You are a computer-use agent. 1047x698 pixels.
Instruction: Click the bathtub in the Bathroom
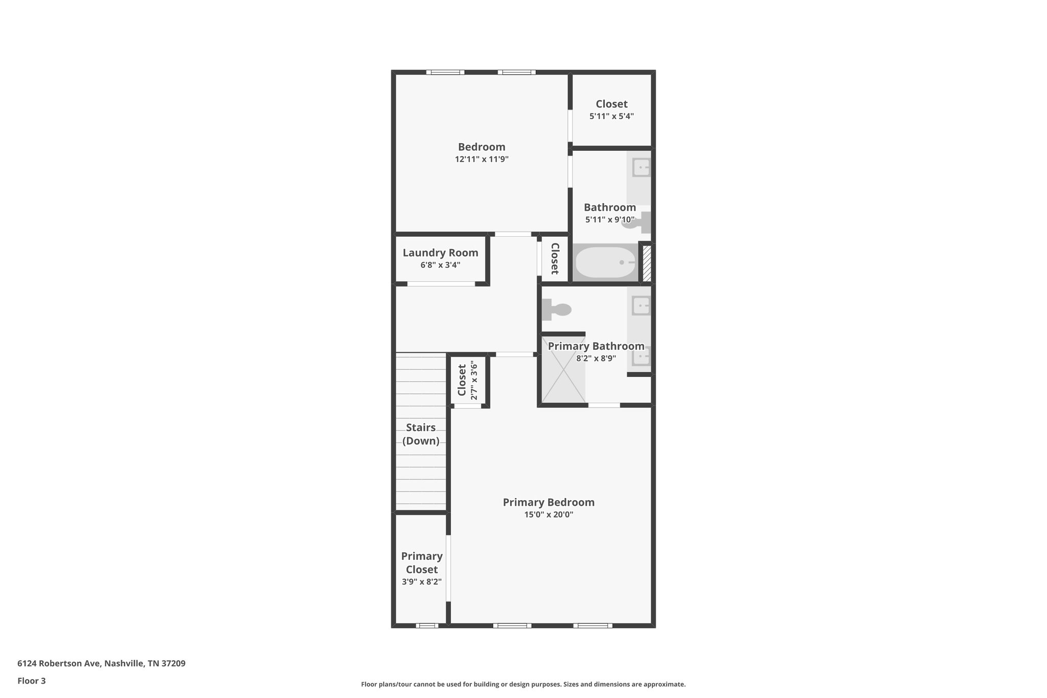[x=605, y=262]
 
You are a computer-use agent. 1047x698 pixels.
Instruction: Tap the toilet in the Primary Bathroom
[x=557, y=309]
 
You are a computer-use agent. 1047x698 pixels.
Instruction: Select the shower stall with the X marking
[x=563, y=369]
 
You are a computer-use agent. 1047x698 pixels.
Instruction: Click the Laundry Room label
[x=440, y=253]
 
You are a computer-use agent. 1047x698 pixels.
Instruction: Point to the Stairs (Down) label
[x=421, y=434]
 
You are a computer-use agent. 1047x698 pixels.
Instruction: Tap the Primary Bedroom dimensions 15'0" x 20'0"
[x=549, y=514]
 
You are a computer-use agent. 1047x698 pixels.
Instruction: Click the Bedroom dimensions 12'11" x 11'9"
[x=482, y=159]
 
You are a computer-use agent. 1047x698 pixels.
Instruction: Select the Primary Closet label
[x=422, y=562]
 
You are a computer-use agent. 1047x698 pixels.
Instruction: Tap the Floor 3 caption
[x=32, y=681]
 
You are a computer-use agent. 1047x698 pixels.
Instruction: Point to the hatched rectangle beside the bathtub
[x=647, y=263]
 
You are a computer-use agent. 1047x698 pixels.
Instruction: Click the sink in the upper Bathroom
[x=641, y=167]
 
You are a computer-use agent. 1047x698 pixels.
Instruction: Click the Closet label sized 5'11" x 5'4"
[x=611, y=104]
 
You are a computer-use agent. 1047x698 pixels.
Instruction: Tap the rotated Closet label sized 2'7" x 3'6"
[x=462, y=380]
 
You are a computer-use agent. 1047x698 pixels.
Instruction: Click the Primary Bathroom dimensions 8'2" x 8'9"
[x=596, y=358]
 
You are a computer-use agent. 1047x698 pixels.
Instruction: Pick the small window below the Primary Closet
[x=427, y=625]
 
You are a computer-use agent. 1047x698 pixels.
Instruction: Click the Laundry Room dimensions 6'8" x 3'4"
[x=440, y=265]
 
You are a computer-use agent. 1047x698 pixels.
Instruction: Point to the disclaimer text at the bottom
[x=523, y=684]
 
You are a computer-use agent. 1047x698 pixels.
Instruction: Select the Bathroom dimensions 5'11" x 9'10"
[x=609, y=220]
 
